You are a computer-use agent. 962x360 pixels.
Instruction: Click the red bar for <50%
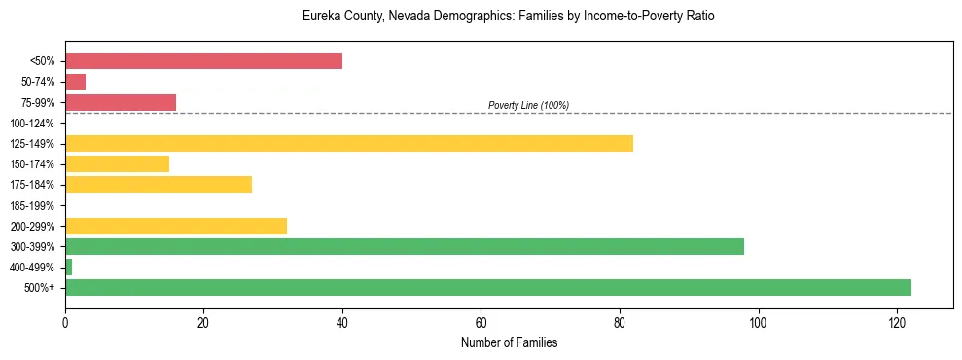pyautogui.click(x=203, y=61)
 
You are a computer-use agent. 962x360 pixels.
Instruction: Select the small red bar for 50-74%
pyautogui.click(x=75, y=82)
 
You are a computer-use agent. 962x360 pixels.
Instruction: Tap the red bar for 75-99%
pyautogui.click(x=121, y=102)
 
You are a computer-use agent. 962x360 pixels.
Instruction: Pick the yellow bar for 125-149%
pyautogui.click(x=348, y=143)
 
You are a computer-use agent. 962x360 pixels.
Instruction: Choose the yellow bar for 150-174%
pyautogui.click(x=117, y=163)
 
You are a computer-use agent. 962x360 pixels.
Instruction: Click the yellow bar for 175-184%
pyautogui.click(x=159, y=184)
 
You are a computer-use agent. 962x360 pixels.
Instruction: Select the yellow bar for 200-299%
pyautogui.click(x=176, y=226)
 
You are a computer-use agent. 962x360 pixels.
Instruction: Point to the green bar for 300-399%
pyautogui.click(x=404, y=246)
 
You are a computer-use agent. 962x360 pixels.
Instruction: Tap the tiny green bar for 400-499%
pyautogui.click(x=68, y=267)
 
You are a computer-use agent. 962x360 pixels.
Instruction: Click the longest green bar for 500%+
pyautogui.click(x=487, y=287)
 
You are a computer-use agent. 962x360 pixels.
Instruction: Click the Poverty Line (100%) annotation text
pyautogui.click(x=528, y=105)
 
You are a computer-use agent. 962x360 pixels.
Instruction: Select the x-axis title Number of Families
pyautogui.click(x=509, y=342)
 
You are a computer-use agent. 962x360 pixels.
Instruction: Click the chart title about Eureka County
pyautogui.click(x=509, y=17)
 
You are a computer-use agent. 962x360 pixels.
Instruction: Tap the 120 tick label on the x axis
pyautogui.click(x=897, y=322)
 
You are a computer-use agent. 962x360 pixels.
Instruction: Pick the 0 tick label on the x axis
pyautogui.click(x=65, y=322)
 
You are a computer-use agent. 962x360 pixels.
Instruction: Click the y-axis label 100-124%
pyautogui.click(x=33, y=124)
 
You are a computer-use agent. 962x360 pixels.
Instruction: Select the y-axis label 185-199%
pyautogui.click(x=33, y=205)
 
